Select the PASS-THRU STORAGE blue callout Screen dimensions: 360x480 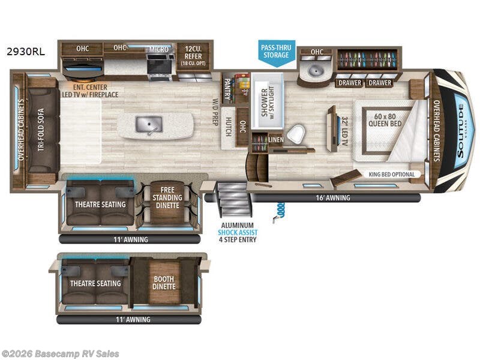275,51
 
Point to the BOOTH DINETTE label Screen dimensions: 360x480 164,282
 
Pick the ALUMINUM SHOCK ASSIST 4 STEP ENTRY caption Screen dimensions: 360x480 238,232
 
